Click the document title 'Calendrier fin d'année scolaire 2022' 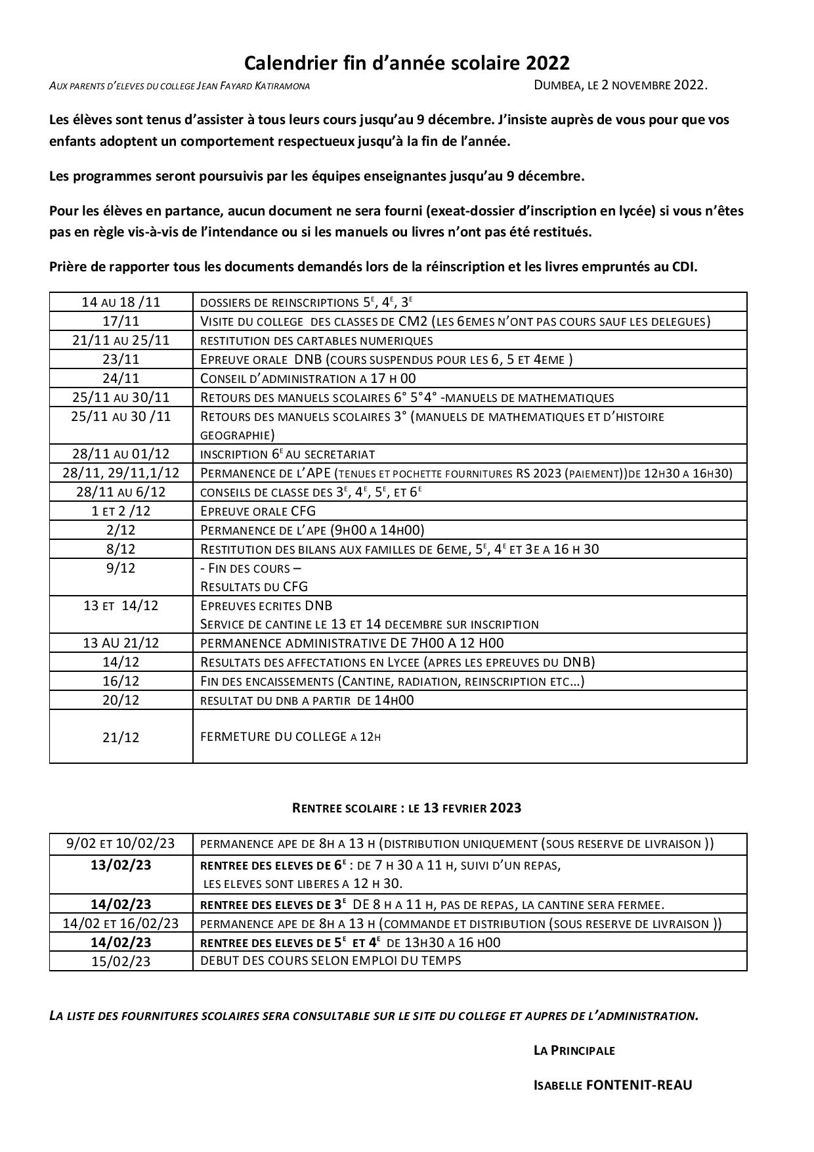406,63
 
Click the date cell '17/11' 121,321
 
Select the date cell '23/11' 121,359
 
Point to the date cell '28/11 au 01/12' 121,454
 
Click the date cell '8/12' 121,549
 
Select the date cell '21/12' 121,738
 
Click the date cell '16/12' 121,681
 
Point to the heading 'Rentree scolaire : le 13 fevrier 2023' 406,808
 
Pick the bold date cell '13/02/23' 121,865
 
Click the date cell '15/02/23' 121,962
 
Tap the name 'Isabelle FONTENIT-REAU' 612,1085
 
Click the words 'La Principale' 574,1050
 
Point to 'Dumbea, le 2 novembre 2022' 620,85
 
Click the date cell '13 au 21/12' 121,643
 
